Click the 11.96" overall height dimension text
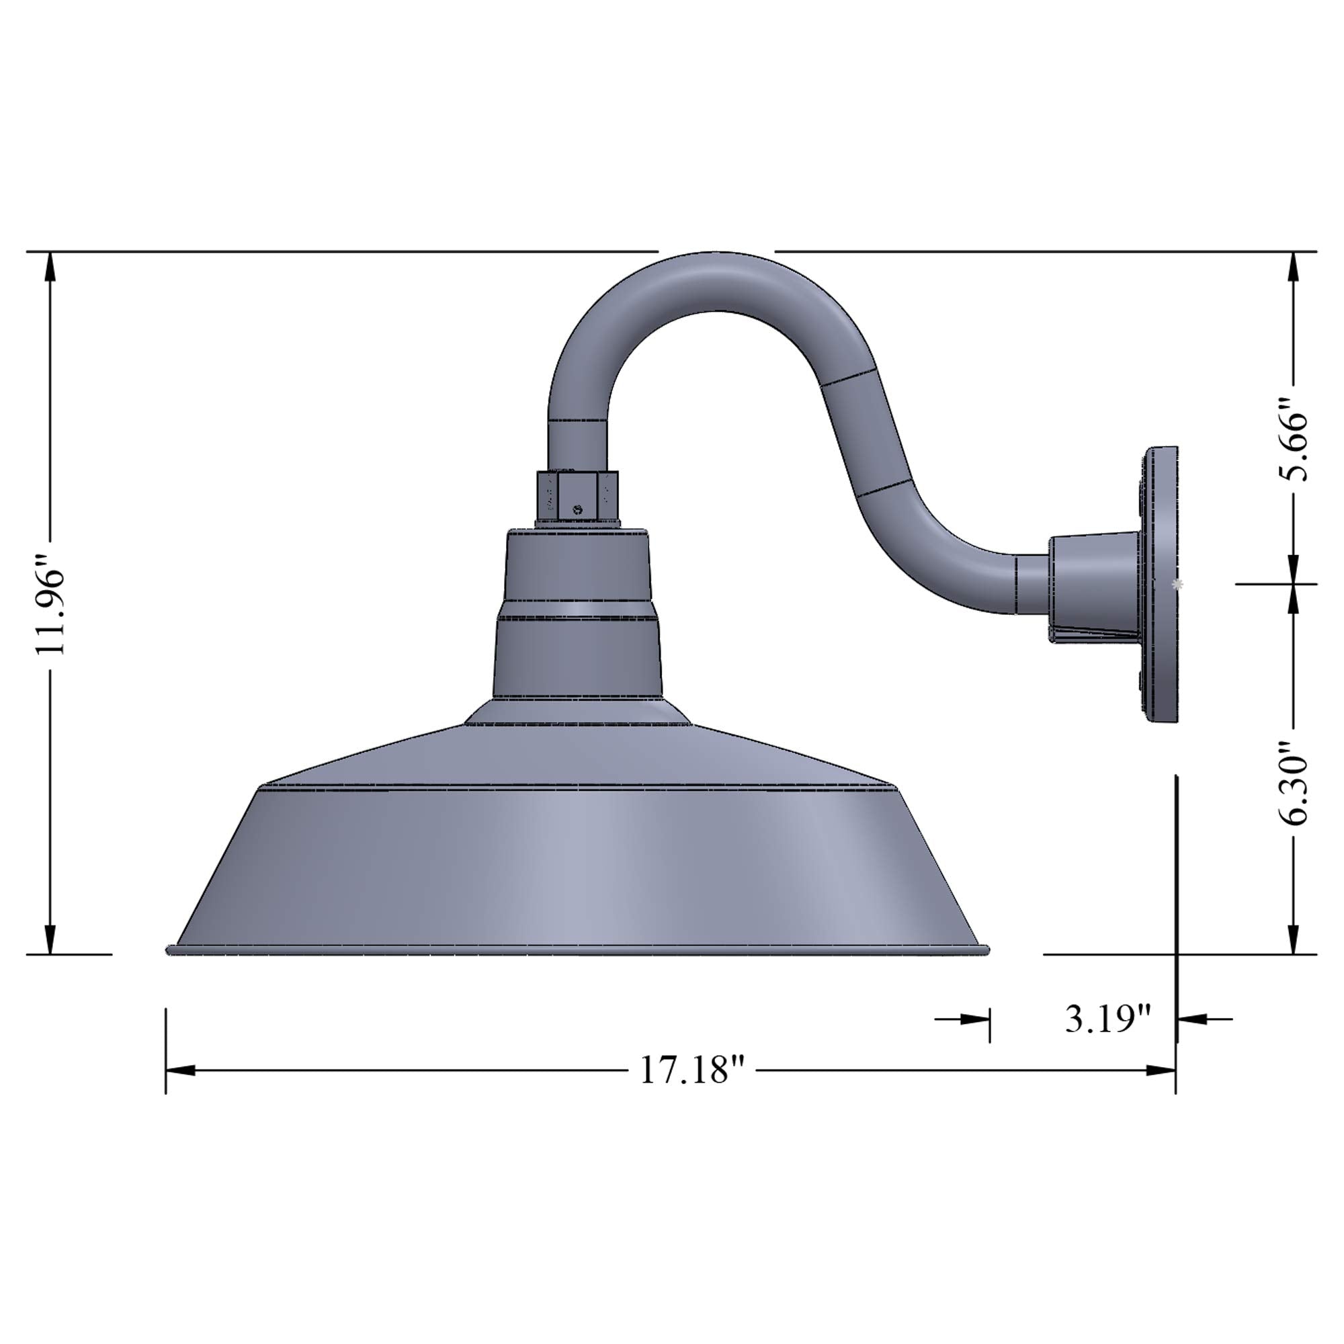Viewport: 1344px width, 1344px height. [52, 601]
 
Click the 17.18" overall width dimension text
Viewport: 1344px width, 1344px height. [692, 1070]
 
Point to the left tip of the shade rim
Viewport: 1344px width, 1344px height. [169, 949]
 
